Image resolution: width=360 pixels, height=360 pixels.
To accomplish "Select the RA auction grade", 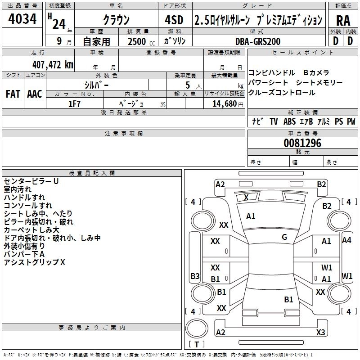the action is (x=343, y=20).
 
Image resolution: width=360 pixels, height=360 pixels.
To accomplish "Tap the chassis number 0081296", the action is (x=302, y=144).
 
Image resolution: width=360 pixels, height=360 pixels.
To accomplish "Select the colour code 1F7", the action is (x=74, y=103).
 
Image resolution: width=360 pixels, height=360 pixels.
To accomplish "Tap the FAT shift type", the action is (x=13, y=94).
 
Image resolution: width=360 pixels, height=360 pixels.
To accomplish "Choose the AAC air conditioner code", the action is (x=35, y=94).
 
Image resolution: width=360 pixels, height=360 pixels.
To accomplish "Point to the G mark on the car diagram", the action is (x=284, y=237).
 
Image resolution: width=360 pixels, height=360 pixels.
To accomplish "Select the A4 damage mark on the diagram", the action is (x=346, y=240).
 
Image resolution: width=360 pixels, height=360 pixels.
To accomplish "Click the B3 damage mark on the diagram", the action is (x=195, y=276).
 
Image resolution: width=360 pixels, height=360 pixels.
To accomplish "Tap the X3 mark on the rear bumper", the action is (x=320, y=332).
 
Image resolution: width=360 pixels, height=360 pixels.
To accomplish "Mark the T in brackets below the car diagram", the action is (x=197, y=345).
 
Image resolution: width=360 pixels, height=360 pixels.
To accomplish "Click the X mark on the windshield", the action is (x=246, y=197).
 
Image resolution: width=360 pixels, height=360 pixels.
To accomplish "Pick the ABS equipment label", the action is (x=290, y=121).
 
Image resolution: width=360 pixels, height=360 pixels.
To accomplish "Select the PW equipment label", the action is (x=351, y=121).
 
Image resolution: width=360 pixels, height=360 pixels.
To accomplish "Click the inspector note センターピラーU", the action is (x=31, y=181).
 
